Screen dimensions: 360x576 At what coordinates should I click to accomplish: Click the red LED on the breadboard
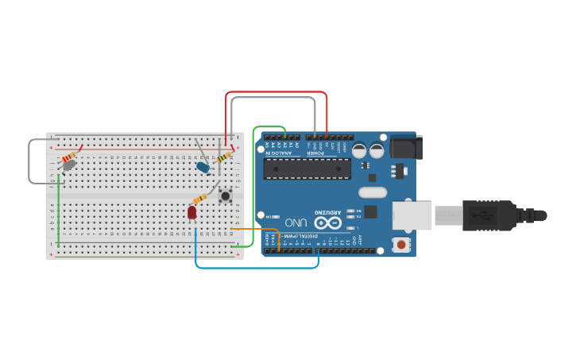point(192,212)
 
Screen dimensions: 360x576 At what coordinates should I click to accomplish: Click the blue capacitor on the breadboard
point(204,168)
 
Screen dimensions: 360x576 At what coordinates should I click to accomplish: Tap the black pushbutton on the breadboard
point(226,195)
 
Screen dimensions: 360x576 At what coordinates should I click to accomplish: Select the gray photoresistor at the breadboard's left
point(69,165)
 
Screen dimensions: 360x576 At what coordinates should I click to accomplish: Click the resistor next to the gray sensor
point(72,156)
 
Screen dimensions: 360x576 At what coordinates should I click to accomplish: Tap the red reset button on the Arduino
point(404,244)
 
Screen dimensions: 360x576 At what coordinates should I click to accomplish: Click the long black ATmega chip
point(307,168)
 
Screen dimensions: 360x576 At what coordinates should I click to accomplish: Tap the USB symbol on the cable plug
point(479,215)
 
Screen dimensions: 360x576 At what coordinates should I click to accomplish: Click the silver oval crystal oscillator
point(372,192)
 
